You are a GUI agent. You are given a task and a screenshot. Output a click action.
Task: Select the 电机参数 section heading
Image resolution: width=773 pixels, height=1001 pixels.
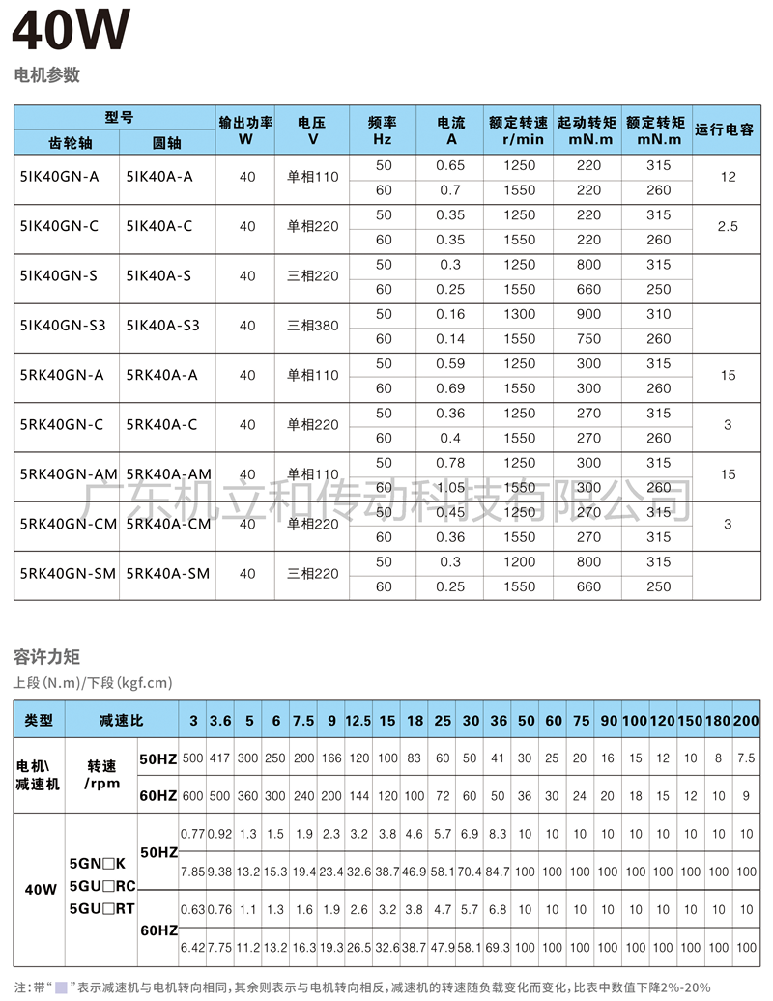coord(46,75)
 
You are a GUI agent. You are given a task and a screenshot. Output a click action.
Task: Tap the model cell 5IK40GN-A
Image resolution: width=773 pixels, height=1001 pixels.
coord(59,177)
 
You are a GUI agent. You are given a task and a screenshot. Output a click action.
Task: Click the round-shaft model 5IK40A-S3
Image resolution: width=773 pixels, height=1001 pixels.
coord(162,326)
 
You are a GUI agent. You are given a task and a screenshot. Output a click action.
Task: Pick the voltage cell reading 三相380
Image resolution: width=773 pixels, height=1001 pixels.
coord(313,326)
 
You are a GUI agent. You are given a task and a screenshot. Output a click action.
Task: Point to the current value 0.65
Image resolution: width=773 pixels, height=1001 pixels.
coord(450,165)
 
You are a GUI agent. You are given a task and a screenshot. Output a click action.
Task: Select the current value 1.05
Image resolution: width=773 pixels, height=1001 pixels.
coord(450,488)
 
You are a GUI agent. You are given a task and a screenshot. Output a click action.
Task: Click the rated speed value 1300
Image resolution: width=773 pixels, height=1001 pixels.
coord(519,314)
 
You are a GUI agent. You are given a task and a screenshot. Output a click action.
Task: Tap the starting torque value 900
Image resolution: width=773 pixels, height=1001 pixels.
coord(588,314)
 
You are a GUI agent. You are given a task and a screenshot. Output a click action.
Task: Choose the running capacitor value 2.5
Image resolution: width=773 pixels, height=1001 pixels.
coord(728,226)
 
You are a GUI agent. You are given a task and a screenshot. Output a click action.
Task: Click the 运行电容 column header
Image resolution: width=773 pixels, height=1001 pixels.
coord(725,129)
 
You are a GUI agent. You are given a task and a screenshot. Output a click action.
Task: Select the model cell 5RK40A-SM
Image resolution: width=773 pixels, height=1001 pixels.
coord(167,574)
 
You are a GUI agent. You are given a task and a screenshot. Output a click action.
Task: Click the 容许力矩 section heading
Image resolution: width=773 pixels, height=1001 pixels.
coord(46,657)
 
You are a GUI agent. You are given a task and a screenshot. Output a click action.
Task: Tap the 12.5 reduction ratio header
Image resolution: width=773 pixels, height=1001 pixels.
coord(358,721)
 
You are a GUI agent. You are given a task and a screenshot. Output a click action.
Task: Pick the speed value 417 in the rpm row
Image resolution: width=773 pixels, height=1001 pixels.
coord(220,759)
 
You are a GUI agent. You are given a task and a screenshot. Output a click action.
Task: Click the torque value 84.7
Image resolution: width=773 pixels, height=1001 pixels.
coord(498,872)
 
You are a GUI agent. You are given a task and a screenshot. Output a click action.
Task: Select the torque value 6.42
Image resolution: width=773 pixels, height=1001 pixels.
coord(192,948)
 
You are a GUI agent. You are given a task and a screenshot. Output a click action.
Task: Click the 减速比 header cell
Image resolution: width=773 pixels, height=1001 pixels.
coord(122,721)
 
